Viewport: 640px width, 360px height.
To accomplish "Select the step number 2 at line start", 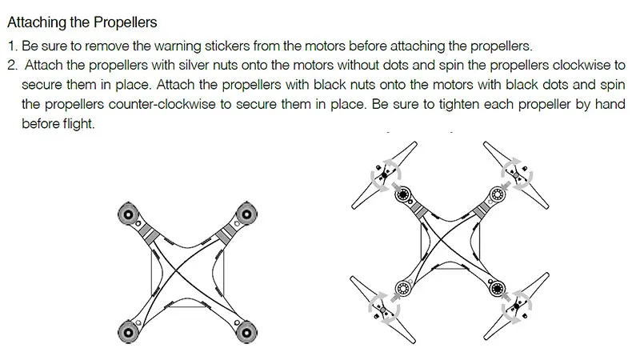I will [12, 66].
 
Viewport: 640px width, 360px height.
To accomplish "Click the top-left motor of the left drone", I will [128, 213].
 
